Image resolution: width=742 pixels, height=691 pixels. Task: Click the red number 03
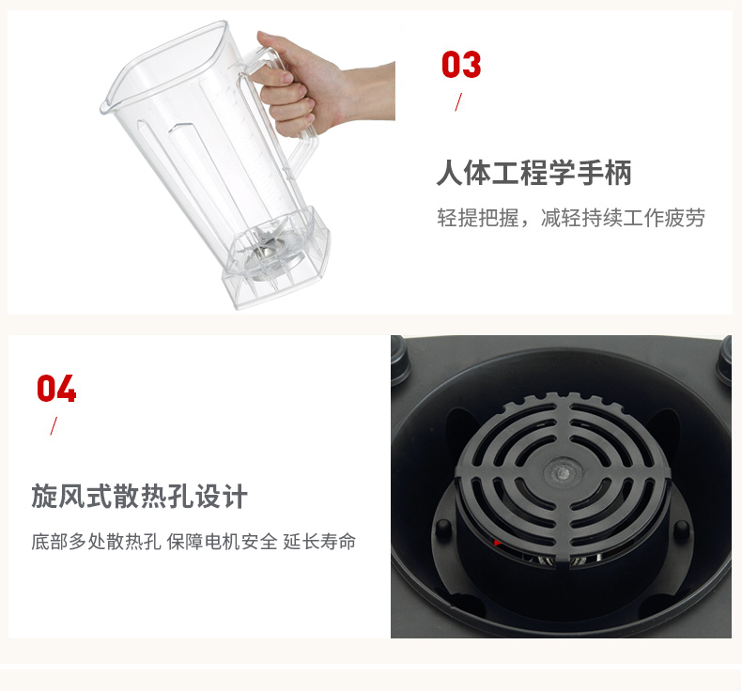(461, 65)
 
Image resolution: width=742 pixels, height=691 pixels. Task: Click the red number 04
(56, 389)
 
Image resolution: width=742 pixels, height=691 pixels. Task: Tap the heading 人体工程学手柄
(533, 173)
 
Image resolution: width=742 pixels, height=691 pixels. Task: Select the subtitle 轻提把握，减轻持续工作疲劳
(571, 218)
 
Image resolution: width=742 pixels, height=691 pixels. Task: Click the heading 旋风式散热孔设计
(140, 496)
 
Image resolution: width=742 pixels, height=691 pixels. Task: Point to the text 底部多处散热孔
(96, 542)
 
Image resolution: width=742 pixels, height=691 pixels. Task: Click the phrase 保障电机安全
(222, 542)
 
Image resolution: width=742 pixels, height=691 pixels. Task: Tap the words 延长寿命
(319, 542)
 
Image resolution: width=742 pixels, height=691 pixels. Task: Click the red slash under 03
(458, 102)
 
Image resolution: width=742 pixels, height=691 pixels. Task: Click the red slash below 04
(54, 425)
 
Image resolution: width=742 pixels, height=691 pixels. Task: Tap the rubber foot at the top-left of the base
(400, 359)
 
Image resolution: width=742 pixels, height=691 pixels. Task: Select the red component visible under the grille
(497, 543)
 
